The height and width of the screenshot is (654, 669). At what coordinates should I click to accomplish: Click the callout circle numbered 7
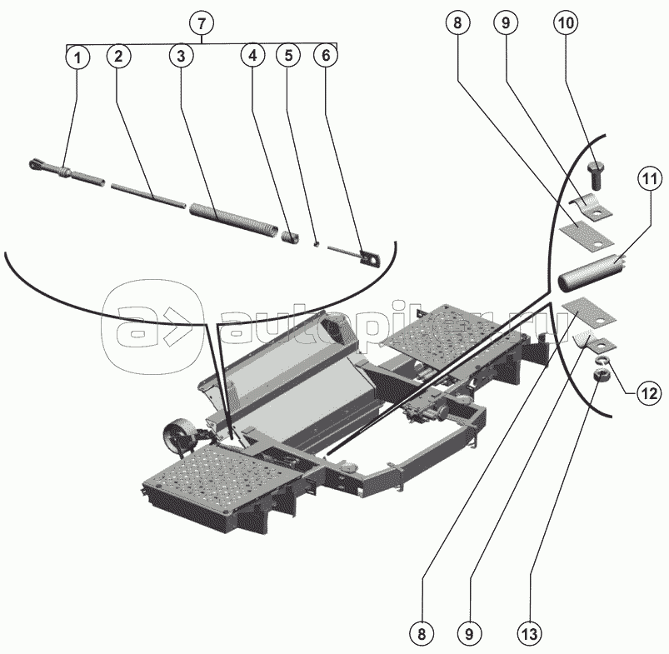point(201,23)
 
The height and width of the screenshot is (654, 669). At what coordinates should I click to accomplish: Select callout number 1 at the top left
point(77,57)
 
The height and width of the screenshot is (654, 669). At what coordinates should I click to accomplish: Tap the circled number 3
point(180,57)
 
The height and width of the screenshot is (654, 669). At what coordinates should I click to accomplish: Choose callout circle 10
point(565,23)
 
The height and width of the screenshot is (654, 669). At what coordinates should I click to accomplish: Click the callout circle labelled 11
point(649,177)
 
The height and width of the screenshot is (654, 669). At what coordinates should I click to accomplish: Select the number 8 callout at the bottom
point(422,633)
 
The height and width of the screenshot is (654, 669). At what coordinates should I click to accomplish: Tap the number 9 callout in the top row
point(505,23)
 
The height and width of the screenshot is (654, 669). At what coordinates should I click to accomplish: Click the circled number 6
point(326,57)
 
